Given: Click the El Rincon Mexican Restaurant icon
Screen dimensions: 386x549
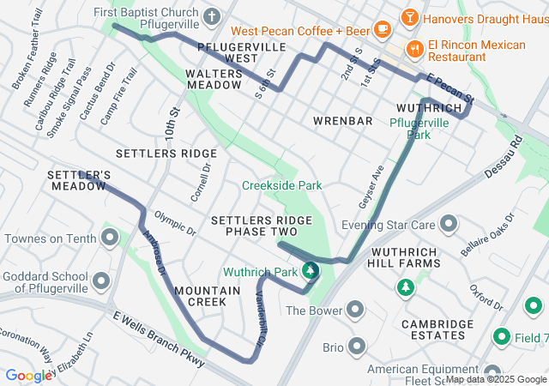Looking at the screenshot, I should tap(414, 49).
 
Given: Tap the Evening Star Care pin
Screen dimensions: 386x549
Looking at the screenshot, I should tap(448, 225).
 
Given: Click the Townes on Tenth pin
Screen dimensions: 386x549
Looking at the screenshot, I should tap(110, 238).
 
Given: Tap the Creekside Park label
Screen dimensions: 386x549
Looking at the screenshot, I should tap(281, 185).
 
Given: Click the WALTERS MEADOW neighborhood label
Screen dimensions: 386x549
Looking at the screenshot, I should tap(214, 80).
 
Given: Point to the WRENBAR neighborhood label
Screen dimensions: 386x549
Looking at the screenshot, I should tap(343, 121).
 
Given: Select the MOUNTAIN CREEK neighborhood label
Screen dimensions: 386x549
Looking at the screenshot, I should tap(207, 296).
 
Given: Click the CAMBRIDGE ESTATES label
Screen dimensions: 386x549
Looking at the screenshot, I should tap(437, 329).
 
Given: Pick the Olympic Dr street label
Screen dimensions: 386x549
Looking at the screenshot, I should tap(175, 222).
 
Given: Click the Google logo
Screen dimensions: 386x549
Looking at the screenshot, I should tap(28, 376).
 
